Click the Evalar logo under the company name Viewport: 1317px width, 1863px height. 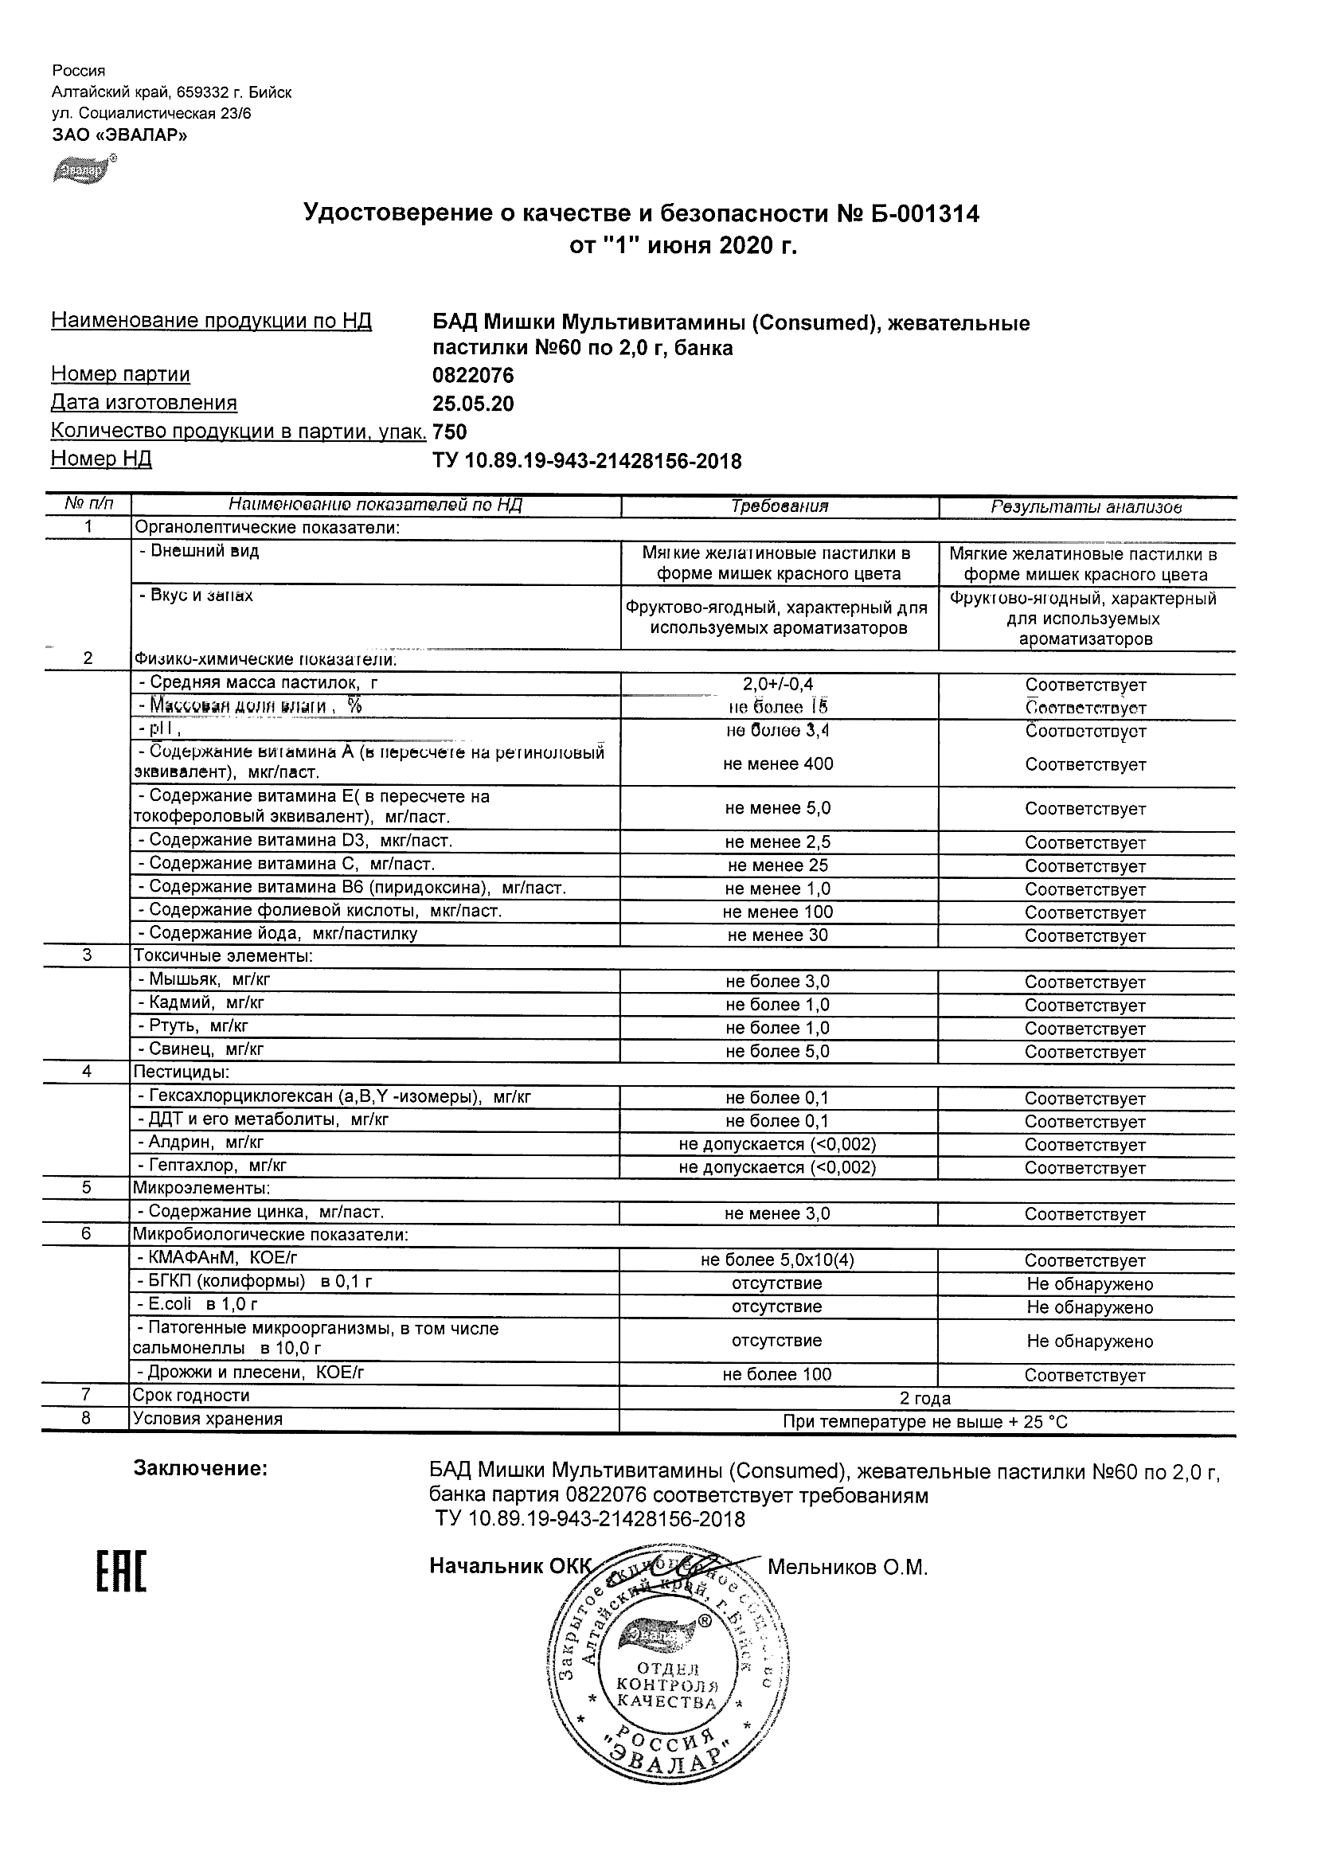[x=81, y=170]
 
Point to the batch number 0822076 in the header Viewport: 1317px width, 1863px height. [x=473, y=375]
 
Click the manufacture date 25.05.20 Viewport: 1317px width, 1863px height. [x=473, y=404]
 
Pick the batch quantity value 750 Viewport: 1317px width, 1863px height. [x=451, y=432]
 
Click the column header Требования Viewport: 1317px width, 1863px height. [x=779, y=506]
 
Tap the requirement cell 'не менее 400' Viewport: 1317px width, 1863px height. [x=779, y=764]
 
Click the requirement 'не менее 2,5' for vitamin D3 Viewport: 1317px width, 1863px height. [x=779, y=842]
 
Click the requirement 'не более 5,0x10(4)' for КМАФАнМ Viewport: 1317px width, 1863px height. [x=777, y=1260]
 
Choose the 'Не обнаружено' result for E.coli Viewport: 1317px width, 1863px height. [x=1089, y=1307]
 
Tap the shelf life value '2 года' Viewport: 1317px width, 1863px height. [x=925, y=1398]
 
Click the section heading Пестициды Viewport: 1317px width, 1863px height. [x=181, y=1072]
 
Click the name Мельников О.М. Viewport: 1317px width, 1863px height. [x=847, y=1567]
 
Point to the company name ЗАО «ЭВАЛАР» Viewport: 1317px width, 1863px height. [x=119, y=135]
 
